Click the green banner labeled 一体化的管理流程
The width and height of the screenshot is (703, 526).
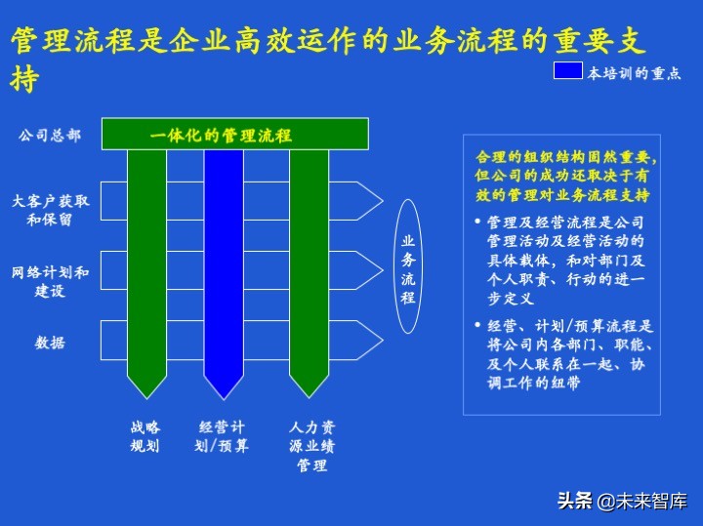tap(235, 134)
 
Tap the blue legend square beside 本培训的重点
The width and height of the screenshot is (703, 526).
tap(567, 71)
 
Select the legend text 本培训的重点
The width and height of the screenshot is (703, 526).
tap(634, 73)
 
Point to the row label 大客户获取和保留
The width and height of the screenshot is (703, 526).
tap(50, 210)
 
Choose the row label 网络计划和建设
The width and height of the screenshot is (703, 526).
tap(50, 281)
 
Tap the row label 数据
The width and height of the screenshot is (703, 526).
tap(50, 343)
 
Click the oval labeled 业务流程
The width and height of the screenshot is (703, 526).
tap(408, 267)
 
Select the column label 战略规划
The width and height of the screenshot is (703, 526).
tap(145, 437)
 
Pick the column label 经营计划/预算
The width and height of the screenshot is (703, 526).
tap(223, 437)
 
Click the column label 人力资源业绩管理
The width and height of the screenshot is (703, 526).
tap(311, 446)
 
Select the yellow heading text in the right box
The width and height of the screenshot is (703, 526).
tap(565, 176)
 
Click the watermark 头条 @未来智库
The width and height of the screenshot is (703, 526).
tap(622, 502)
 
